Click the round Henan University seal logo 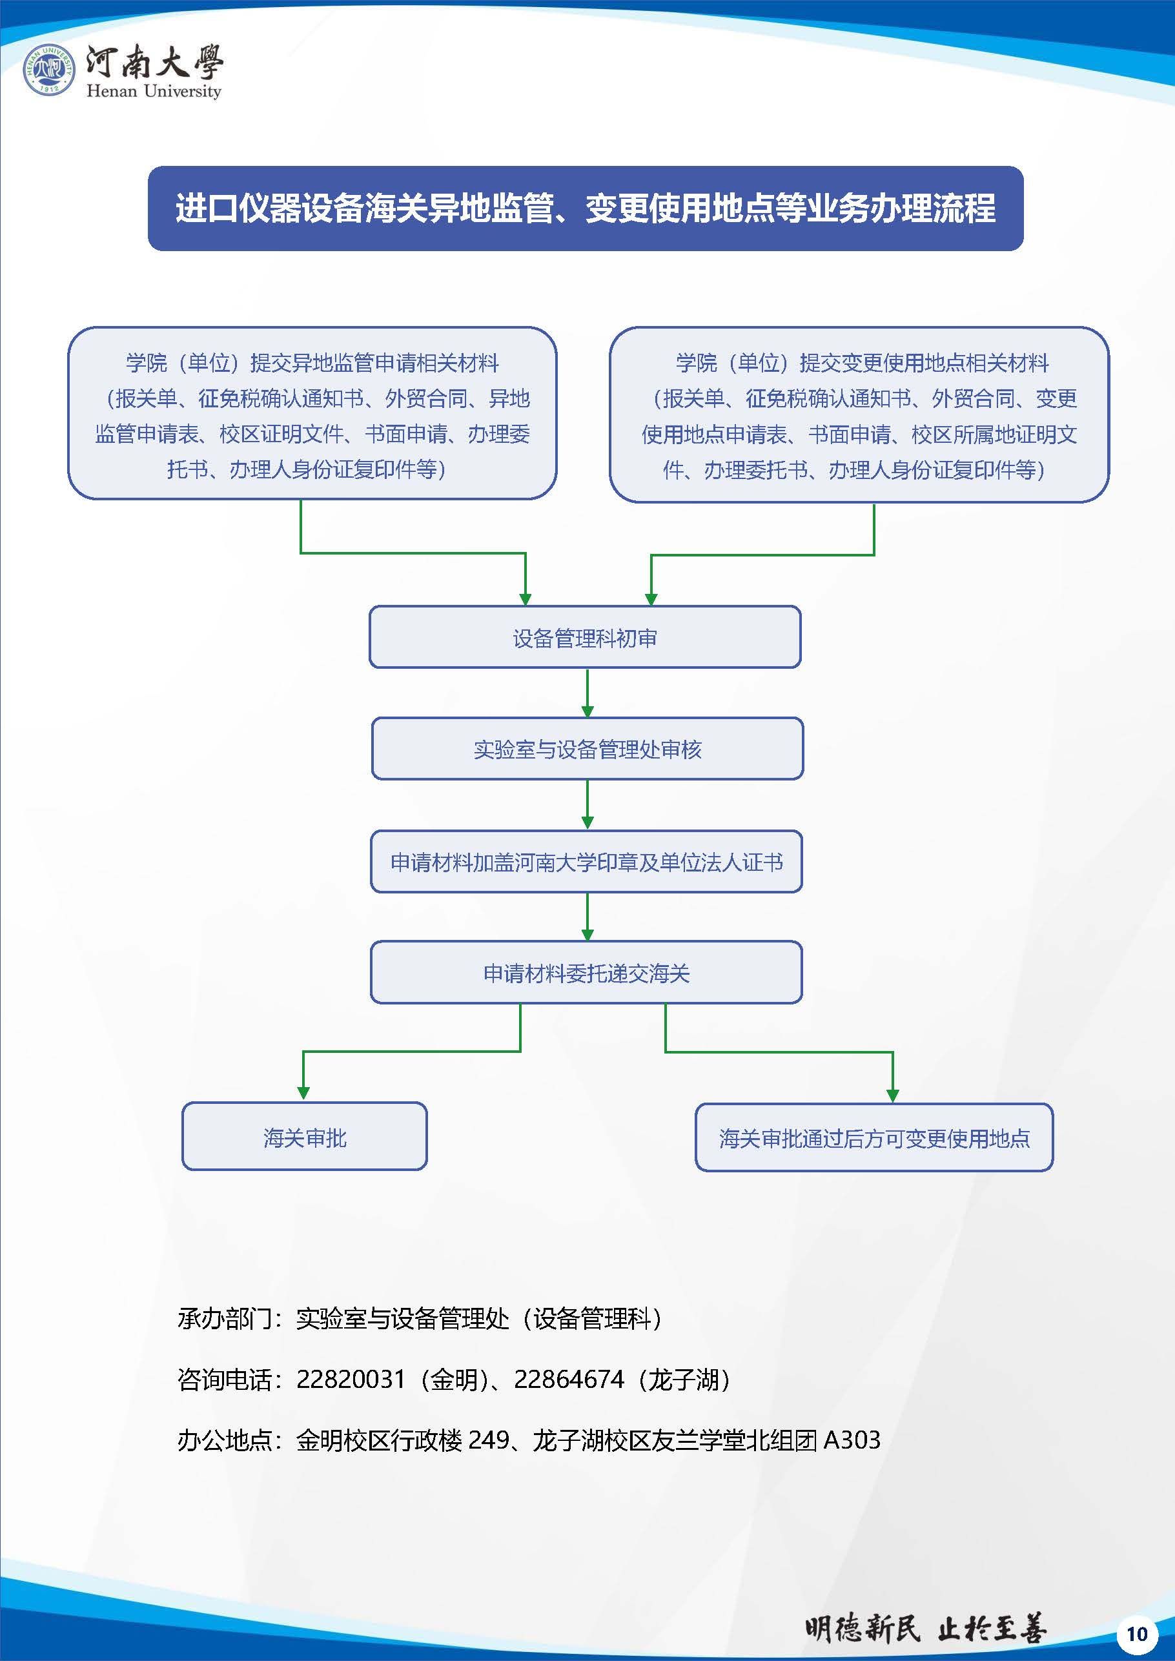(x=48, y=70)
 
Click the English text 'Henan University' (x=154, y=91)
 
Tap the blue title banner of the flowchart (x=586, y=209)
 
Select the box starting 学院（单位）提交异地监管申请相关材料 (x=312, y=414)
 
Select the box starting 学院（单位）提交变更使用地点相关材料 (x=859, y=414)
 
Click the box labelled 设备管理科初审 (x=585, y=637)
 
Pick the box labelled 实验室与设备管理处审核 (x=587, y=749)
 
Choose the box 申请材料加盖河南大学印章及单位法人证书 (x=586, y=862)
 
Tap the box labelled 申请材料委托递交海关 (x=586, y=972)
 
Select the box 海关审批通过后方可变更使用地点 (x=874, y=1138)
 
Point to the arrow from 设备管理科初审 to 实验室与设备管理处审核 (x=587, y=692)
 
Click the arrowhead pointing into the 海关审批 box (x=304, y=1092)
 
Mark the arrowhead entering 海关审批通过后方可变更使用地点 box (x=892, y=1093)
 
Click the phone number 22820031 (x=350, y=1379)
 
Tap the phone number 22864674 (x=569, y=1379)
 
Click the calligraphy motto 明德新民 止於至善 (x=925, y=1629)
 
